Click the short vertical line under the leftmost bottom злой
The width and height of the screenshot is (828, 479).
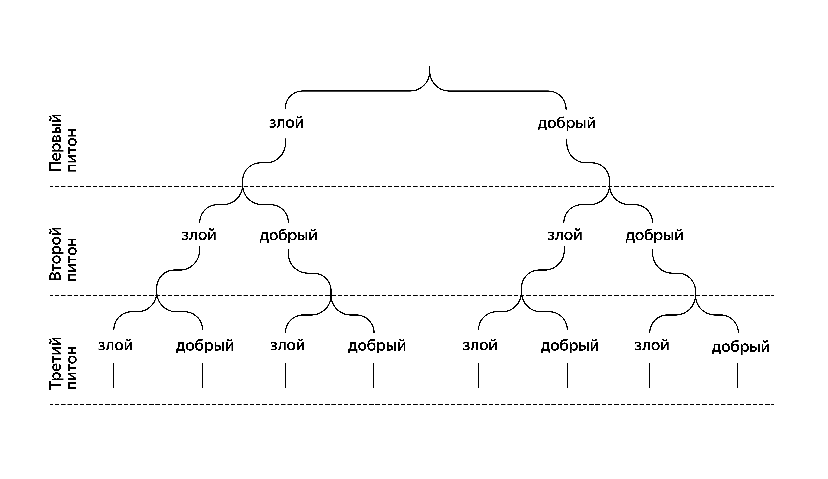pyautogui.click(x=114, y=375)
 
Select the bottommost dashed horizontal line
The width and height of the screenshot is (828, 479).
pyautogui.click(x=412, y=404)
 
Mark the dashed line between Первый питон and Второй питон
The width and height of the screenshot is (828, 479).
pyautogui.click(x=412, y=186)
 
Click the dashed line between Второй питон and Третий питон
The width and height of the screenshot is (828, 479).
pyautogui.click(x=412, y=295)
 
